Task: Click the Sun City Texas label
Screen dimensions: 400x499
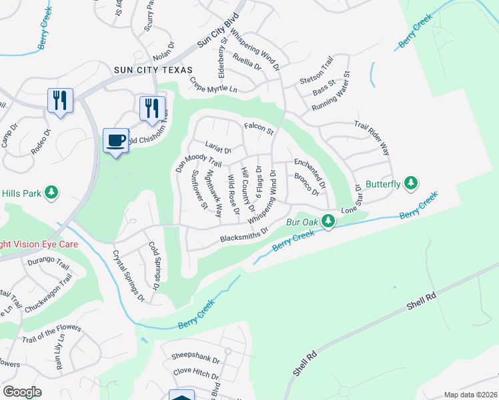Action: pos(153,70)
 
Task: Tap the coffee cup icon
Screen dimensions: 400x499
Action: pos(116,140)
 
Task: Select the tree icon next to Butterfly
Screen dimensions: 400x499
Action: pos(412,183)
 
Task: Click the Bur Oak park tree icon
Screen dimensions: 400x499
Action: pos(328,220)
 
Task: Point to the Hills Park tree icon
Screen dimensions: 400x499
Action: pos(51,193)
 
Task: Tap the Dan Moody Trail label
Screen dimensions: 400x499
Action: pos(197,163)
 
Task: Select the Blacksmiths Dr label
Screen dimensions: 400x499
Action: pos(244,236)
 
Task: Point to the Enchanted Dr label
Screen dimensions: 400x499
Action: pos(310,171)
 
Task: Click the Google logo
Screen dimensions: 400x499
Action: pos(23,392)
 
